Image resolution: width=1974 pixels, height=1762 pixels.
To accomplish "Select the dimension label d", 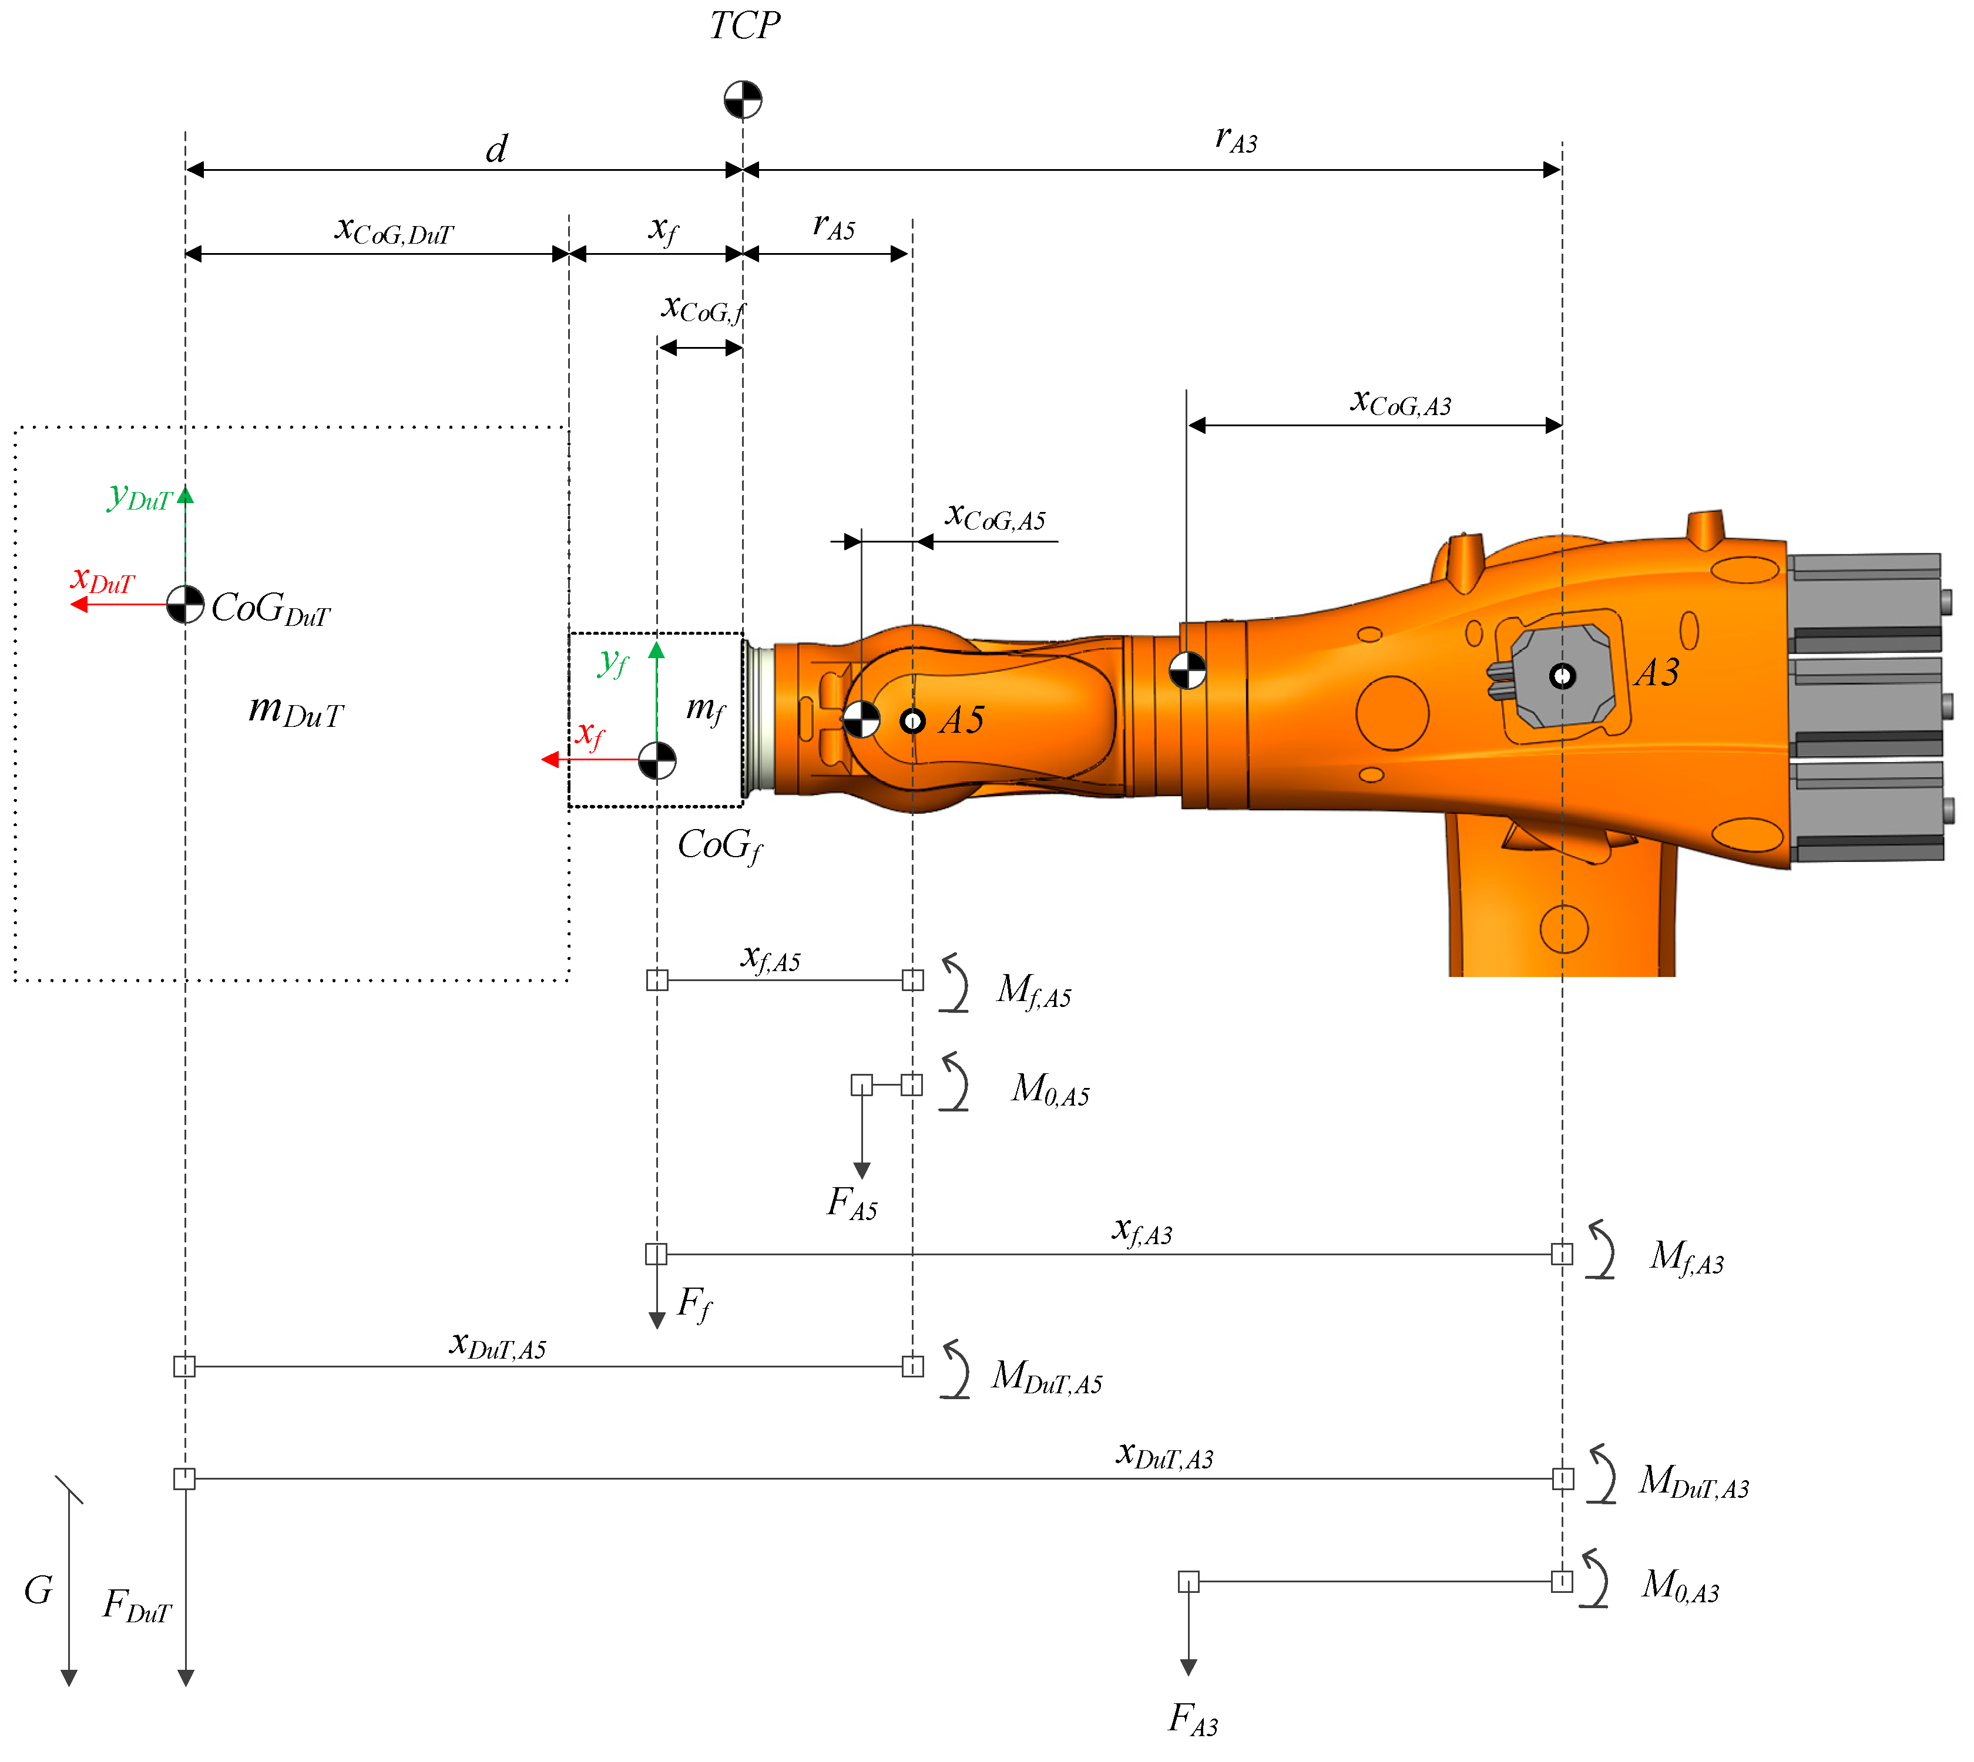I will (496, 149).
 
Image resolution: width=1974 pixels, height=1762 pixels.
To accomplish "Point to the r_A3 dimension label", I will (1236, 139).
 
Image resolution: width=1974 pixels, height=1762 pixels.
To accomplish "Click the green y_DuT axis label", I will (139, 498).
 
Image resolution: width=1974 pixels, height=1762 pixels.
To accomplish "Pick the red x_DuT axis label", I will (102, 580).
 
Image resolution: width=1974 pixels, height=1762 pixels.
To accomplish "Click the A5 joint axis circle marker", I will (912, 721).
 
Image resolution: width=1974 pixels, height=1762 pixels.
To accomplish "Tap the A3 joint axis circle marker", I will (1562, 676).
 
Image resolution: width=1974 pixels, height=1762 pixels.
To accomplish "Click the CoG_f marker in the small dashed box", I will (657, 760).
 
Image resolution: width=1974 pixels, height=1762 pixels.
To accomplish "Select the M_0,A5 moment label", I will (1051, 1090).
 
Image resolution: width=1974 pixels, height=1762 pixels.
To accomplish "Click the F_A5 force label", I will (852, 1204).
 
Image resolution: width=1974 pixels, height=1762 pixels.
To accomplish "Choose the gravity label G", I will (39, 1589).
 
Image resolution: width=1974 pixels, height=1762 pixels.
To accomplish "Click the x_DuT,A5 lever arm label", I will (498, 1346).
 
